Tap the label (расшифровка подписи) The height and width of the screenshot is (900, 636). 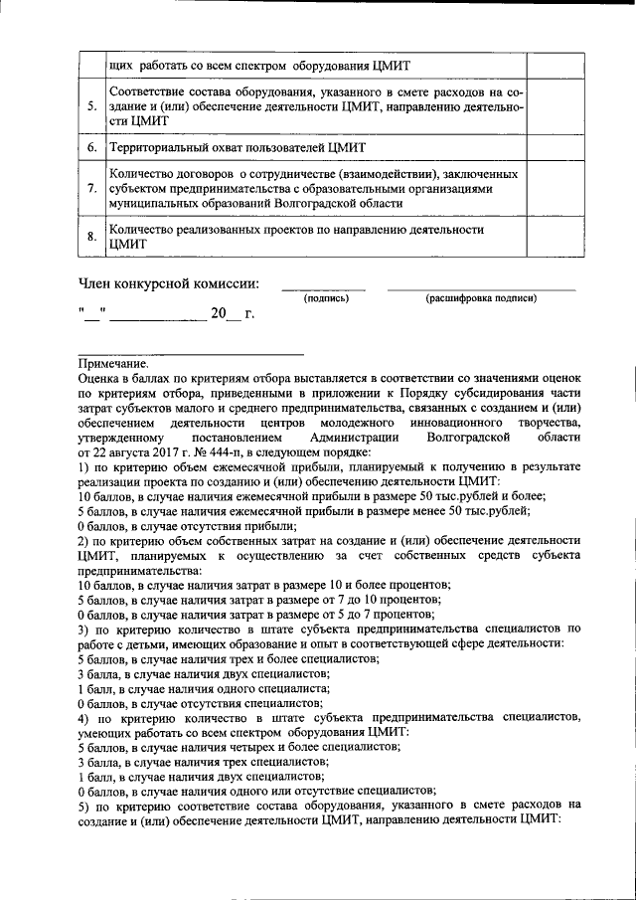coord(481,297)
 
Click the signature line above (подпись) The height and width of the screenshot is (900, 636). coord(324,289)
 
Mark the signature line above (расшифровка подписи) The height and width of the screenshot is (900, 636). coord(481,289)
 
